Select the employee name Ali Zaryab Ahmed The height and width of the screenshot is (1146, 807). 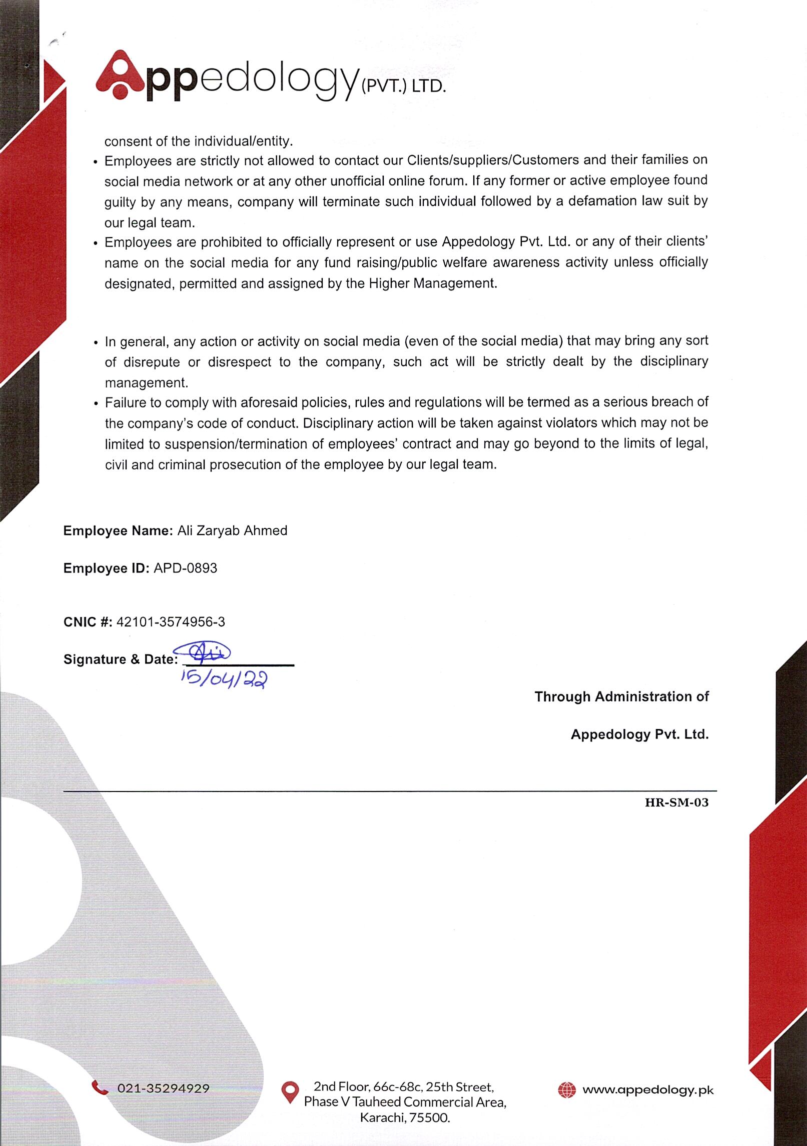(x=232, y=530)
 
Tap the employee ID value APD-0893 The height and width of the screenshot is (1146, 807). (x=185, y=568)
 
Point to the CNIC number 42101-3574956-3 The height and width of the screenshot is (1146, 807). (x=171, y=622)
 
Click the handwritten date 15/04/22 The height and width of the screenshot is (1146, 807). (x=225, y=679)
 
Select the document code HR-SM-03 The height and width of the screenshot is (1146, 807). (x=676, y=802)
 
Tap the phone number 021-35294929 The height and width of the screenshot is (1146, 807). (x=163, y=1088)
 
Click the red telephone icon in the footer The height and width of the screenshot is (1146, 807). (x=100, y=1087)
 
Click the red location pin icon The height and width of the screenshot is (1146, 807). (x=290, y=1092)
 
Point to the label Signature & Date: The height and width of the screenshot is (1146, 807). (x=121, y=659)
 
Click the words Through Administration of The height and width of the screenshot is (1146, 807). (x=621, y=696)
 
